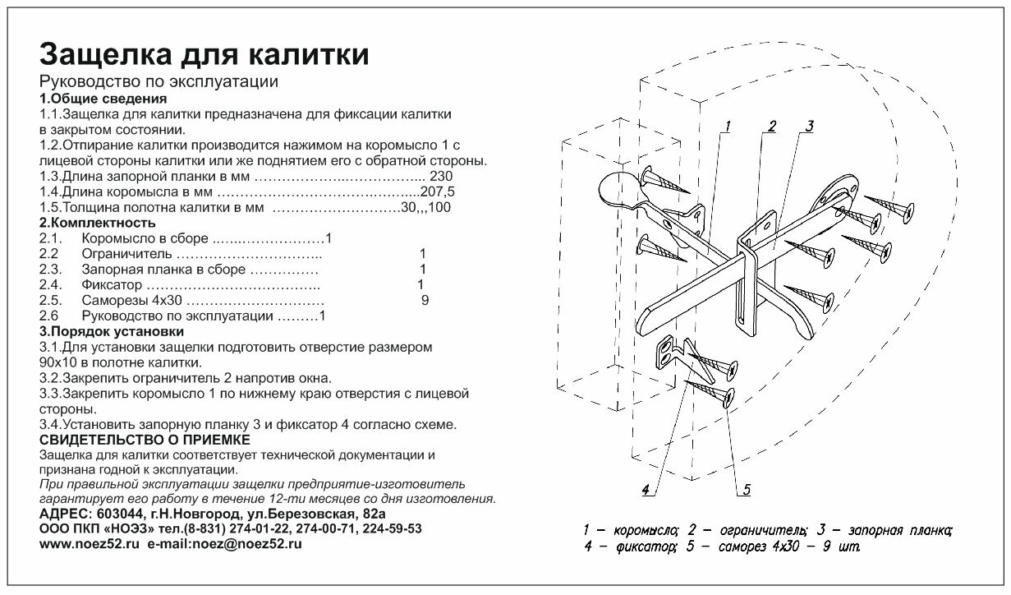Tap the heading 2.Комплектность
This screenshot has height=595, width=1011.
(97, 223)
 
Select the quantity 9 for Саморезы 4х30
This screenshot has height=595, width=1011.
(424, 301)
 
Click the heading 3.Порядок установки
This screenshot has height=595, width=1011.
(111, 331)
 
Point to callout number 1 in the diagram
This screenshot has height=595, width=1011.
(728, 127)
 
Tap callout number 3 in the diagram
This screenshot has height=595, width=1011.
(808, 126)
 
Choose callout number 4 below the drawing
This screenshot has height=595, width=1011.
(646, 490)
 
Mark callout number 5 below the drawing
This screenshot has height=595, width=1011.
(746, 490)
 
